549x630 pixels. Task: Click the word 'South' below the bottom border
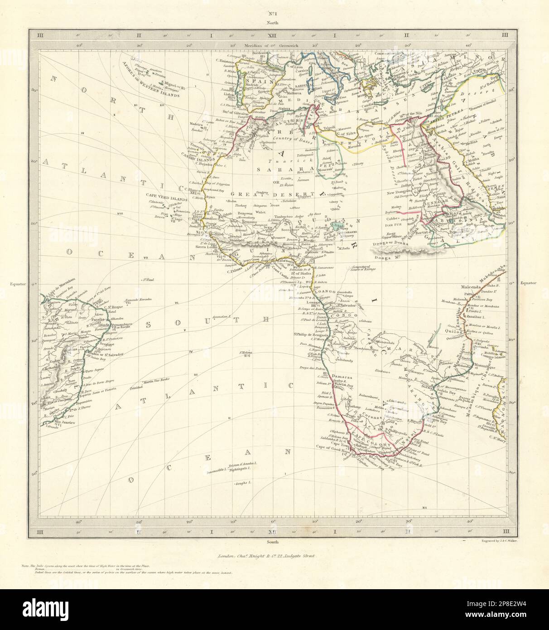274,541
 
